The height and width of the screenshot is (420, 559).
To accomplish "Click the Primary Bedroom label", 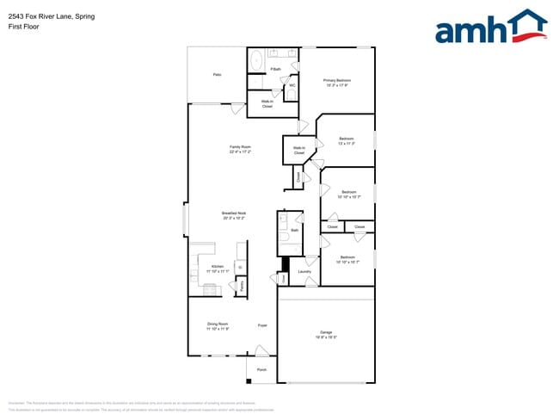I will coord(337,80).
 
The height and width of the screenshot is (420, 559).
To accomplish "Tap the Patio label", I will coord(218,75).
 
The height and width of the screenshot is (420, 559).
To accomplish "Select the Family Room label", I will coord(240,147).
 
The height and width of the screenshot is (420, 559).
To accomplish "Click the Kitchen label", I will coord(218,267).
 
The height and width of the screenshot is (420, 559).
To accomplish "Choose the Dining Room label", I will coord(217,324).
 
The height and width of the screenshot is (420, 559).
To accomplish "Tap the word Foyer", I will coord(262,325).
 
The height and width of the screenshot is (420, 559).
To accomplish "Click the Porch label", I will coord(261,369).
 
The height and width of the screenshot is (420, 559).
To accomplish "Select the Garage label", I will coord(326,331).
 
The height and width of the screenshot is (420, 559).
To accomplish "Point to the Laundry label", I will coord(304,272).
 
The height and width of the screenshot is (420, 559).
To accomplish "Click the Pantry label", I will coord(242,284).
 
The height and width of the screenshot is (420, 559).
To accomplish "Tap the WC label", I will coord(292,85).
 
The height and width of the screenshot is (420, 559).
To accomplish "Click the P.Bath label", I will coord(276,69).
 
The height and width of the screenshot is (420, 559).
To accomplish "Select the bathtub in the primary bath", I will coord(256,60).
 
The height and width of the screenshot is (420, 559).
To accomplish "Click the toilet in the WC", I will coord(292,94).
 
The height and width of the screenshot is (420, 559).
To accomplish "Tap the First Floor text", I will coord(23,26).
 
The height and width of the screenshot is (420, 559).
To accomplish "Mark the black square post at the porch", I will coord(248,379).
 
